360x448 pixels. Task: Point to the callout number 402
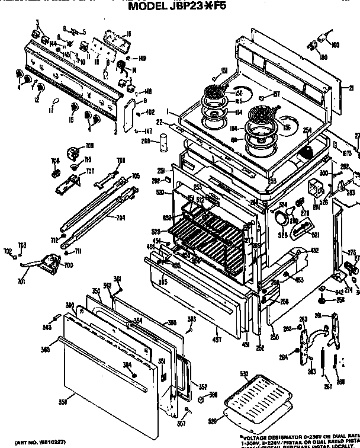click(150, 112)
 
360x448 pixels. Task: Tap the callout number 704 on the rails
click(120, 217)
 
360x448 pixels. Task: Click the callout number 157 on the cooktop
click(276, 94)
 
